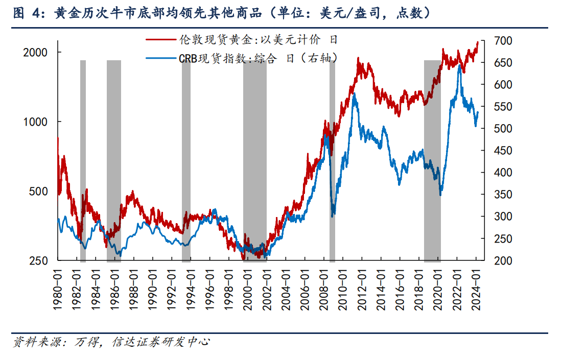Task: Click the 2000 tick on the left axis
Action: click(37, 52)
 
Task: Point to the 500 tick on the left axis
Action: click(40, 191)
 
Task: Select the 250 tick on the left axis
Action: click(40, 261)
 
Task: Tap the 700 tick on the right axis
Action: click(497, 40)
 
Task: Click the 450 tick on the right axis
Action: click(497, 151)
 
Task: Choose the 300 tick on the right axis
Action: click(497, 217)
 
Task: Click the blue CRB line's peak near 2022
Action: click(459, 66)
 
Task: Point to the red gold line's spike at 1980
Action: click(58, 139)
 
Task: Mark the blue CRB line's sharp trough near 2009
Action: click(333, 215)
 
